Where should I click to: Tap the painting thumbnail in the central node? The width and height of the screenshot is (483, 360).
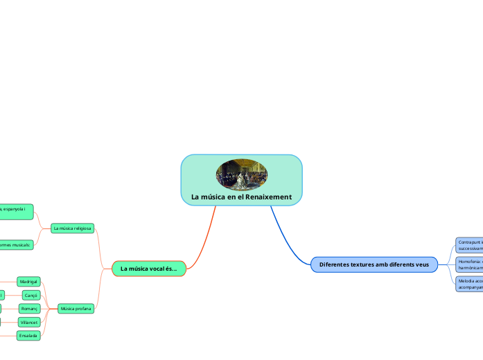pyautogui.click(x=241, y=174)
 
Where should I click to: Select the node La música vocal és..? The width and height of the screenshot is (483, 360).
pyautogui.click(x=148, y=268)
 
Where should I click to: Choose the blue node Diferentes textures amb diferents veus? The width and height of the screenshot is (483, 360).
pyautogui.click(x=374, y=264)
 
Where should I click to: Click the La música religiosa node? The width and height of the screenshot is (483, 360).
pyautogui.click(x=72, y=227)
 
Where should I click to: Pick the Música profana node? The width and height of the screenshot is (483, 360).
pyautogui.click(x=76, y=309)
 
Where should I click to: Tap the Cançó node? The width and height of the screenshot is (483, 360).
pyautogui.click(x=31, y=295)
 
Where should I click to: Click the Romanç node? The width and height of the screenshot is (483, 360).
pyautogui.click(x=30, y=308)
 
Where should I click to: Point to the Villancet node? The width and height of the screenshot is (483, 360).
pyautogui.click(x=30, y=322)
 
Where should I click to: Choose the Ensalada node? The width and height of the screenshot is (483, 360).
pyautogui.click(x=28, y=335)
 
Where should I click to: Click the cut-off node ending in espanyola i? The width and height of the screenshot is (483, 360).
pyautogui.click(x=16, y=211)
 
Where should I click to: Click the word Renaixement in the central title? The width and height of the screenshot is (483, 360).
pyautogui.click(x=267, y=197)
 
